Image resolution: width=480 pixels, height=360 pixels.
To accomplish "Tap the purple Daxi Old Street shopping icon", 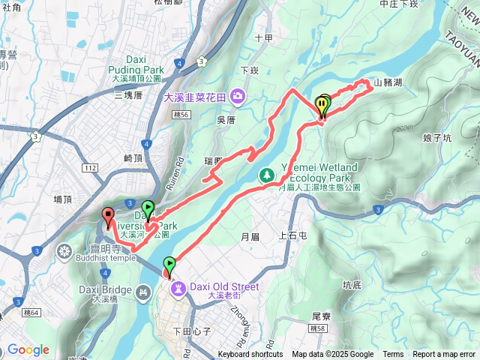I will [178, 287].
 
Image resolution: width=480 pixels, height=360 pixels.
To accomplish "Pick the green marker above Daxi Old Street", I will [170, 265].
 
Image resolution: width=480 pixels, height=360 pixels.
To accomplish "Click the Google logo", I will [28, 350].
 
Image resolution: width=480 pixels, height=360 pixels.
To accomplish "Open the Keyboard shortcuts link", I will [250, 355].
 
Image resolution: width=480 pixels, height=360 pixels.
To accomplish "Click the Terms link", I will [393, 355].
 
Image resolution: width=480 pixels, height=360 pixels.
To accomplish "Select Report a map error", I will [445, 355].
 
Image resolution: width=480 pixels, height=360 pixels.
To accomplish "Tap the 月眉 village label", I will [250, 236].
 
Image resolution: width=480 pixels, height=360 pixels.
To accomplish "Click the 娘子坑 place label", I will [436, 138].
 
